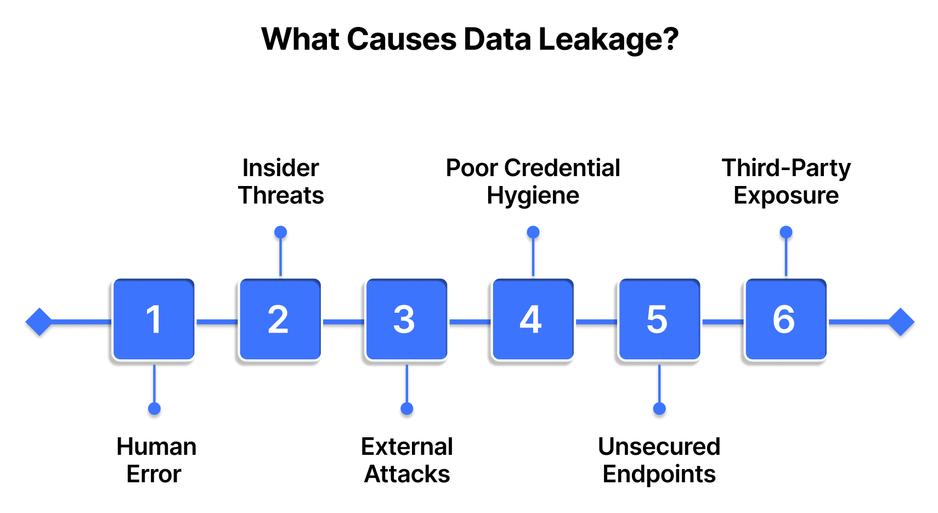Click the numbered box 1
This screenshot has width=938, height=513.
pos(154,320)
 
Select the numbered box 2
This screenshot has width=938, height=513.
pos(280,320)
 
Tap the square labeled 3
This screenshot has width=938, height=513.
pos(406,320)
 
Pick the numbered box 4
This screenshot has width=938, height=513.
pos(532,320)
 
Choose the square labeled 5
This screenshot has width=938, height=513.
pos(659,320)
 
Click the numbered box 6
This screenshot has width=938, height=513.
pos(785,320)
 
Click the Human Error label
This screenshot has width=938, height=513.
pos(156,460)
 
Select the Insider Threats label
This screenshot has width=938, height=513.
pos(281,182)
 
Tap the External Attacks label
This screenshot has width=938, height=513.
pos(407,460)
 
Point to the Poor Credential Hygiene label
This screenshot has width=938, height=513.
pos(533,182)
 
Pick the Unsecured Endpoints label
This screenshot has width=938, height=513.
pos(659,460)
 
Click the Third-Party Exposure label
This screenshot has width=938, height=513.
pos(786,182)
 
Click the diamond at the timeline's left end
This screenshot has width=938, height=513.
pos(39,322)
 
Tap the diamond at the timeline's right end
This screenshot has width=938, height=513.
pos(901,322)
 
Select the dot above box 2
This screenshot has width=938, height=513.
pos(280,232)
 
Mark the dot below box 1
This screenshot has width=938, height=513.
pos(154,409)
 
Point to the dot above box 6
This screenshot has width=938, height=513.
pos(786,232)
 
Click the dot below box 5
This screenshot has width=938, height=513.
pos(659,409)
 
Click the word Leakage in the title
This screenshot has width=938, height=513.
pos(608,40)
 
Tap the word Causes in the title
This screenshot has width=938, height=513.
pos(402,40)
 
